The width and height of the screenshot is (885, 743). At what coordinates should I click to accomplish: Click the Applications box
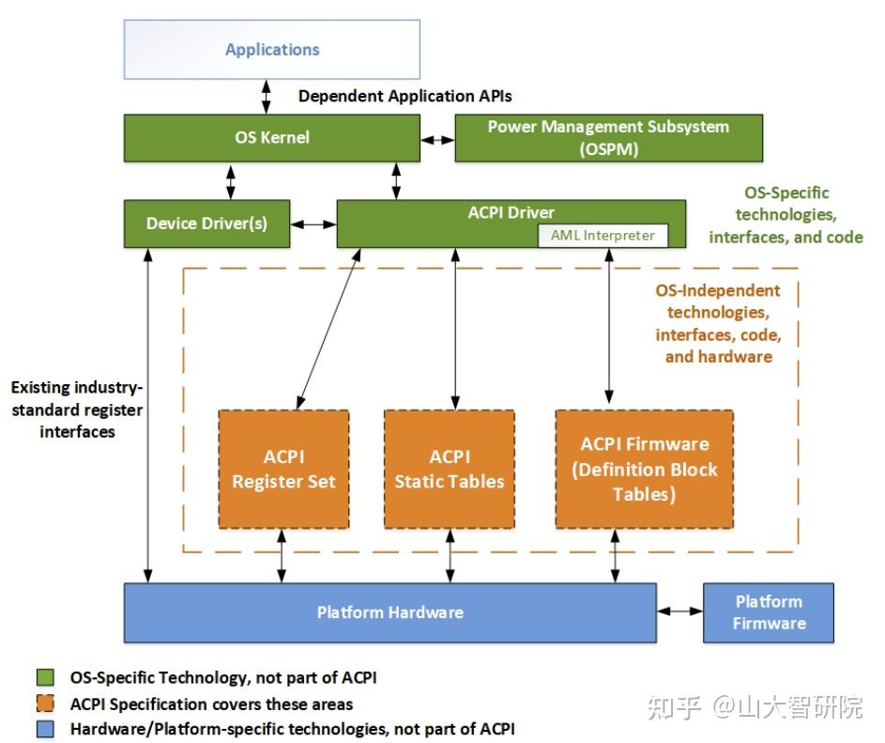pos(272,50)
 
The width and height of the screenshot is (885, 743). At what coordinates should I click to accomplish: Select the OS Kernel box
pos(272,138)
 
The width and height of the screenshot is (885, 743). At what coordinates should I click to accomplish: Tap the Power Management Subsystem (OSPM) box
pos(608,138)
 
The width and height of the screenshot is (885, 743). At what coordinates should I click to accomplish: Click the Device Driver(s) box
pos(206,224)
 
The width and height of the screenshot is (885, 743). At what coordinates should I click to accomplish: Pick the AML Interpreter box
pos(603,236)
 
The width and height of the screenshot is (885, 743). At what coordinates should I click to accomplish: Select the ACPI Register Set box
pos(283,469)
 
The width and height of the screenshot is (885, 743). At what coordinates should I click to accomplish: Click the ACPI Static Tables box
pos(450,469)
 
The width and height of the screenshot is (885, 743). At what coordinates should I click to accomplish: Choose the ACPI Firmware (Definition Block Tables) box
pos(644,469)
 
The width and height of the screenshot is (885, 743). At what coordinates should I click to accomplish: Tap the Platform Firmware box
pos(769,612)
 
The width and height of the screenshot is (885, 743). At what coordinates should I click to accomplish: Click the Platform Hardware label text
pos(389,612)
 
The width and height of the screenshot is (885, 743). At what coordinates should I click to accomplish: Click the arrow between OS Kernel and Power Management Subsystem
pos(437,139)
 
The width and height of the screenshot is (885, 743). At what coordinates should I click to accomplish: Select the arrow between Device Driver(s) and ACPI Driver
pos(313,224)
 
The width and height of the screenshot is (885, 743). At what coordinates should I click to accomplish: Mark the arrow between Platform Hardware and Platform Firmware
pos(679,611)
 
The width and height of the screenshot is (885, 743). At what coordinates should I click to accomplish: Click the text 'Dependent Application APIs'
pos(404,96)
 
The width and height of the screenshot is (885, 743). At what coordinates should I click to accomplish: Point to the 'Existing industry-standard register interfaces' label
pos(77,410)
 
